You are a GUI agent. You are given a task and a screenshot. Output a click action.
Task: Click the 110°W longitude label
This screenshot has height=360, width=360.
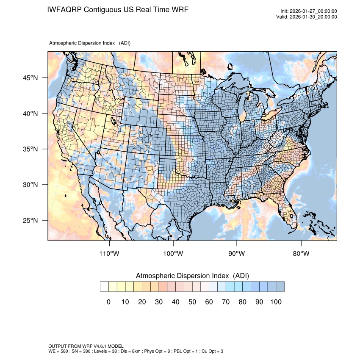pos(110,254)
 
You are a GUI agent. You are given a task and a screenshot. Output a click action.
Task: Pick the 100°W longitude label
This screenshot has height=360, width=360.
pos(173,254)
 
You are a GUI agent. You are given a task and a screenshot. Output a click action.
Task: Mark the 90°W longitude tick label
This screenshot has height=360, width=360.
pos(237,254)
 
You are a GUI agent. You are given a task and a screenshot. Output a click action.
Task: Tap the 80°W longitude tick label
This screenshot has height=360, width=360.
pos(301,254)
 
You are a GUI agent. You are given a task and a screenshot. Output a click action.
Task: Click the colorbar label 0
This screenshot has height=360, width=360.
pos(108,302)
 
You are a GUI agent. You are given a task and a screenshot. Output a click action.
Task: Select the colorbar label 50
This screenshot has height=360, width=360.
pos(192,302)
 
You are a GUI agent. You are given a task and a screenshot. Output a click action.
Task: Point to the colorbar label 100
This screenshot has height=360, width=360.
pos(276,302)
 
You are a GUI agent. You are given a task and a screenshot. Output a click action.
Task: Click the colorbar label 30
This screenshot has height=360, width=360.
pos(159,302)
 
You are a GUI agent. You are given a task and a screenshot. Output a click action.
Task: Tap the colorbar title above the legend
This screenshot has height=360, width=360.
pos(192,276)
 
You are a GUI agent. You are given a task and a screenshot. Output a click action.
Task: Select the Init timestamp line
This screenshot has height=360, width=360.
pos(309,11)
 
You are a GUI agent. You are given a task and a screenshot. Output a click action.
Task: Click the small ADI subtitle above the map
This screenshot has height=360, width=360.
pos(89,43)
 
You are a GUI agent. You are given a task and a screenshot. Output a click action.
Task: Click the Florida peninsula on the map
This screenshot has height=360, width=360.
pos(290,214)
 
